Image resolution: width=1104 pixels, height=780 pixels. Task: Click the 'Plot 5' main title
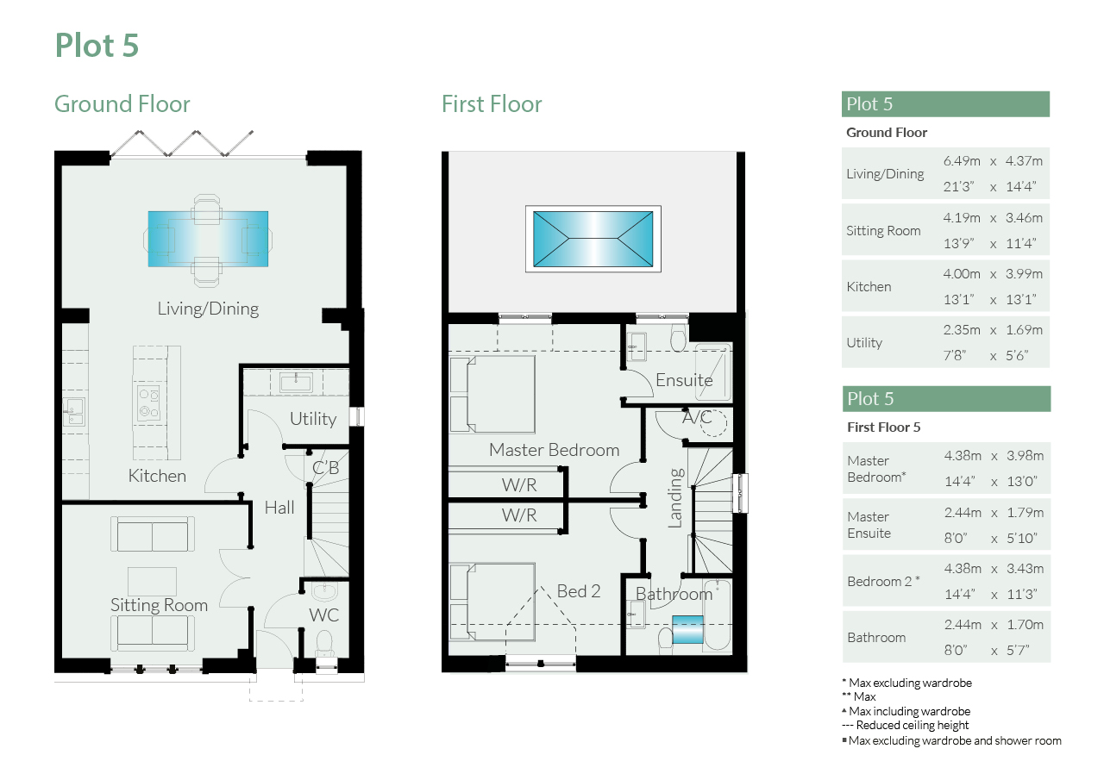[97, 46]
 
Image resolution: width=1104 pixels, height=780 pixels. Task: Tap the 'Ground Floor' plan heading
[122, 104]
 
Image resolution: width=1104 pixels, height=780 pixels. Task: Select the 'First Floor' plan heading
[492, 104]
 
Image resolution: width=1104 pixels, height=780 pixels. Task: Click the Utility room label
[313, 419]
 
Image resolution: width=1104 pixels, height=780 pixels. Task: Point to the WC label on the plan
[323, 615]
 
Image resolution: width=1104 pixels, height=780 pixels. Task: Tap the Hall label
[279, 508]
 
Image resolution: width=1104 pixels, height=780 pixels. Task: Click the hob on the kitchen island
[149, 402]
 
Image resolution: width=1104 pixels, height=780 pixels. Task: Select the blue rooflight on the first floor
[593, 239]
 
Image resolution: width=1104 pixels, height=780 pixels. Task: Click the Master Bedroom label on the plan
[554, 450]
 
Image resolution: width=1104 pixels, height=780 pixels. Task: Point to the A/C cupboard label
[697, 417]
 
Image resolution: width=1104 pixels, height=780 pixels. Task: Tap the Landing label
[675, 498]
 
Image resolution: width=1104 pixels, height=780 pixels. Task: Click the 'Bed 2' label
[579, 591]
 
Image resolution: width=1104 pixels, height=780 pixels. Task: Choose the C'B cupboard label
[326, 468]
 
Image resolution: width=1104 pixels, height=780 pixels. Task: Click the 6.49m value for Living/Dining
[962, 161]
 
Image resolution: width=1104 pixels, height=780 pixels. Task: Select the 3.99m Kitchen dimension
[1024, 274]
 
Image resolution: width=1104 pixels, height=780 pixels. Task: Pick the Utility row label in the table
[864, 343]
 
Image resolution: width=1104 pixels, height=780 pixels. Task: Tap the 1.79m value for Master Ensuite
[1026, 513]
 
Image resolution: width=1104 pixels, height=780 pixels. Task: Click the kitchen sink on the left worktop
[74, 412]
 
